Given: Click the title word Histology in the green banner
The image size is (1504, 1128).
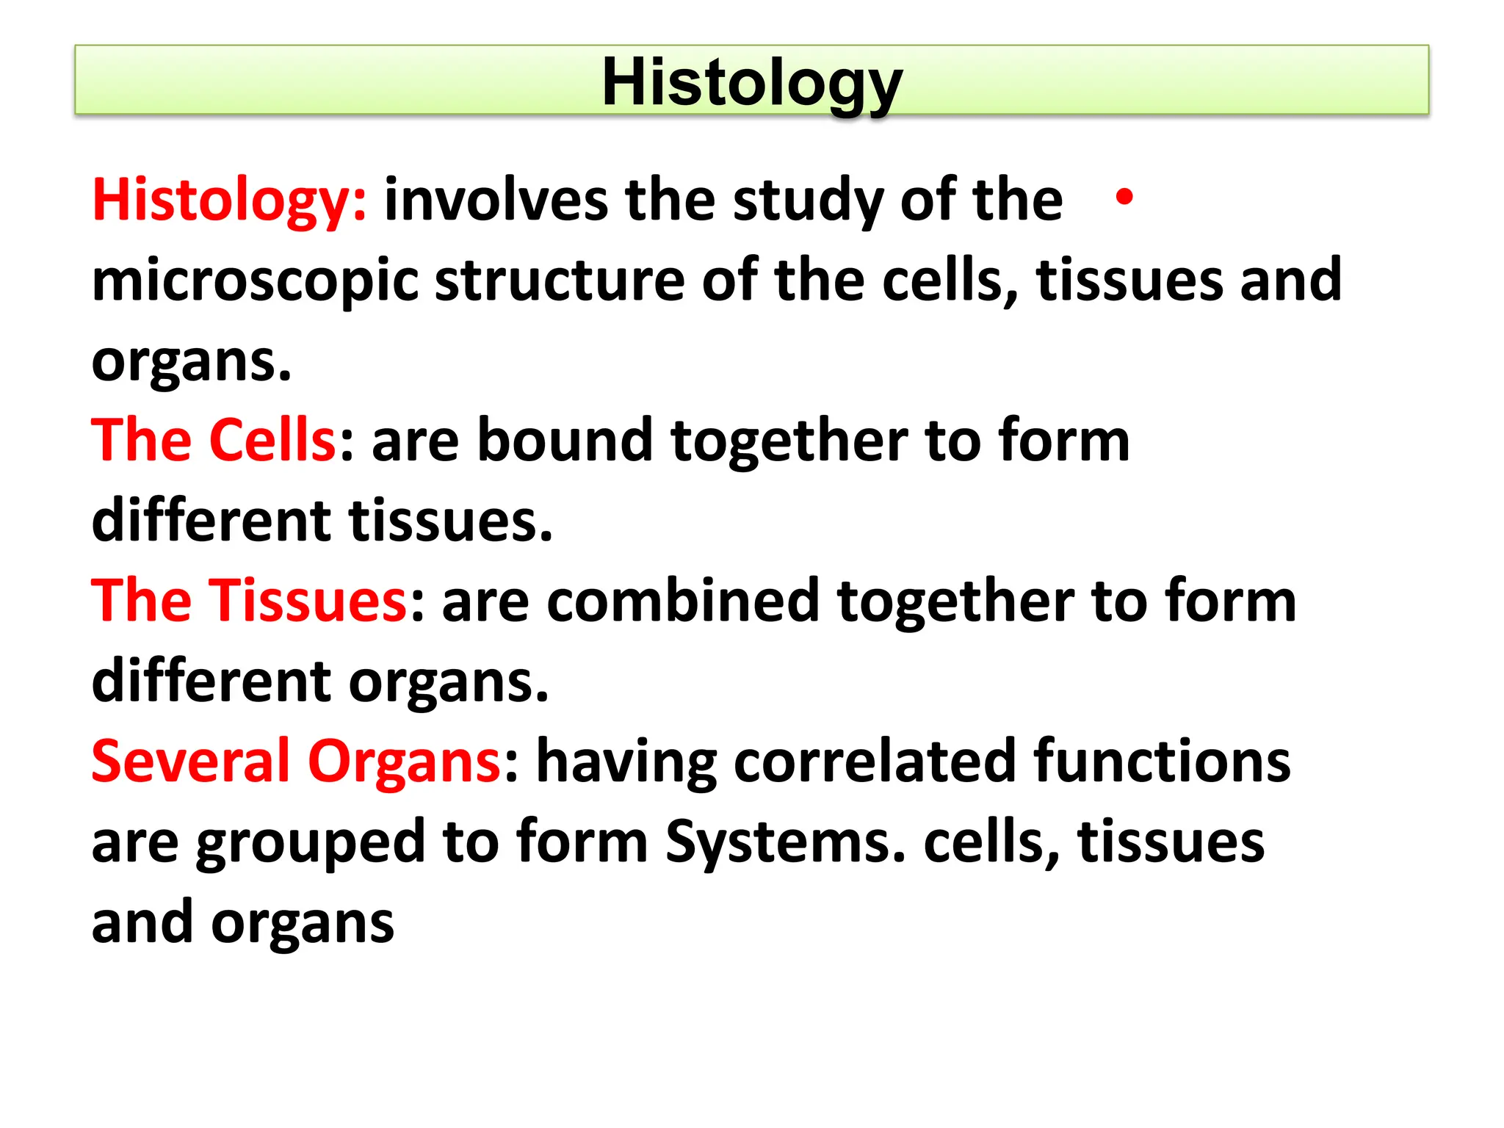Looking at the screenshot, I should [x=751, y=82].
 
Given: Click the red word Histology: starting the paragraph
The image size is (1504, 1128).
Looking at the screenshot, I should [x=228, y=200].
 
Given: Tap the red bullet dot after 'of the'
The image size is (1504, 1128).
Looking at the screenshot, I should [x=1124, y=197].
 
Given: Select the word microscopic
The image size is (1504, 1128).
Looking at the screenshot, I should [x=254, y=281].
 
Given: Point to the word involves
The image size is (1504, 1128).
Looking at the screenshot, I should [x=496, y=200].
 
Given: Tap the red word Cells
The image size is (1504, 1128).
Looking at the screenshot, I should [x=272, y=440].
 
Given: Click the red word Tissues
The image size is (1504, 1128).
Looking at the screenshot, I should [x=308, y=601].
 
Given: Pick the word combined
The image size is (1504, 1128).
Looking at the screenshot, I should [x=682, y=601].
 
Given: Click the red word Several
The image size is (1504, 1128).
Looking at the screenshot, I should [x=191, y=761].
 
